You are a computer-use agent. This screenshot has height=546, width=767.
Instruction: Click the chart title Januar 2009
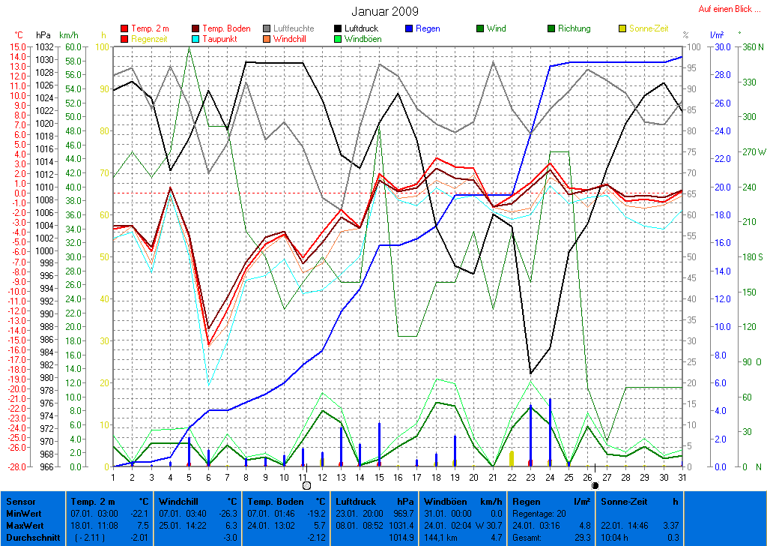[385, 12]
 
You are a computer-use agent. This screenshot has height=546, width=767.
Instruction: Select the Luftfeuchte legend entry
[294, 28]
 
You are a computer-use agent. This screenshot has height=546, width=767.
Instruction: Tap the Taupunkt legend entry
[225, 38]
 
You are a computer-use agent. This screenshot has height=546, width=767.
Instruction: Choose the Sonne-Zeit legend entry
[648, 28]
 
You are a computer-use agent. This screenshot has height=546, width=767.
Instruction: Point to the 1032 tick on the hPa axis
[43, 46]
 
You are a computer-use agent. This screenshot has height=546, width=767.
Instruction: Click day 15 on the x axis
[380, 477]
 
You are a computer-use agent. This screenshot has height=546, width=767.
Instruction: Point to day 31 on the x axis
[682, 477]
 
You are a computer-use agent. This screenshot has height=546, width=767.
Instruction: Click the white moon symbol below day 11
[306, 486]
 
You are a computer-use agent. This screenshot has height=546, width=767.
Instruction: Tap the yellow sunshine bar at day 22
[512, 458]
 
